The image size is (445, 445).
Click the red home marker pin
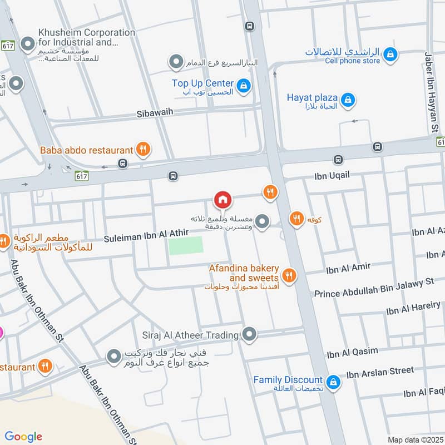tap(222, 199)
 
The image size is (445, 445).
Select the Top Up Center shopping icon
tap(243, 86)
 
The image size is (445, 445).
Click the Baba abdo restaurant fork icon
tap(144, 149)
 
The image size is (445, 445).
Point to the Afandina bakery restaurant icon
tap(288, 275)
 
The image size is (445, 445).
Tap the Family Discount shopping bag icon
tap(333, 382)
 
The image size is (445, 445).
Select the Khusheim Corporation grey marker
tap(27, 43)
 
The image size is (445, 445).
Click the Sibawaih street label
tap(155, 113)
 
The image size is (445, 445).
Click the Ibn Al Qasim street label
tap(352, 352)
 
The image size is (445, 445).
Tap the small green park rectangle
tap(186, 245)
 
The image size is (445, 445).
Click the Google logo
tap(23, 436)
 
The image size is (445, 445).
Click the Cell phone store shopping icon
tap(390, 54)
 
